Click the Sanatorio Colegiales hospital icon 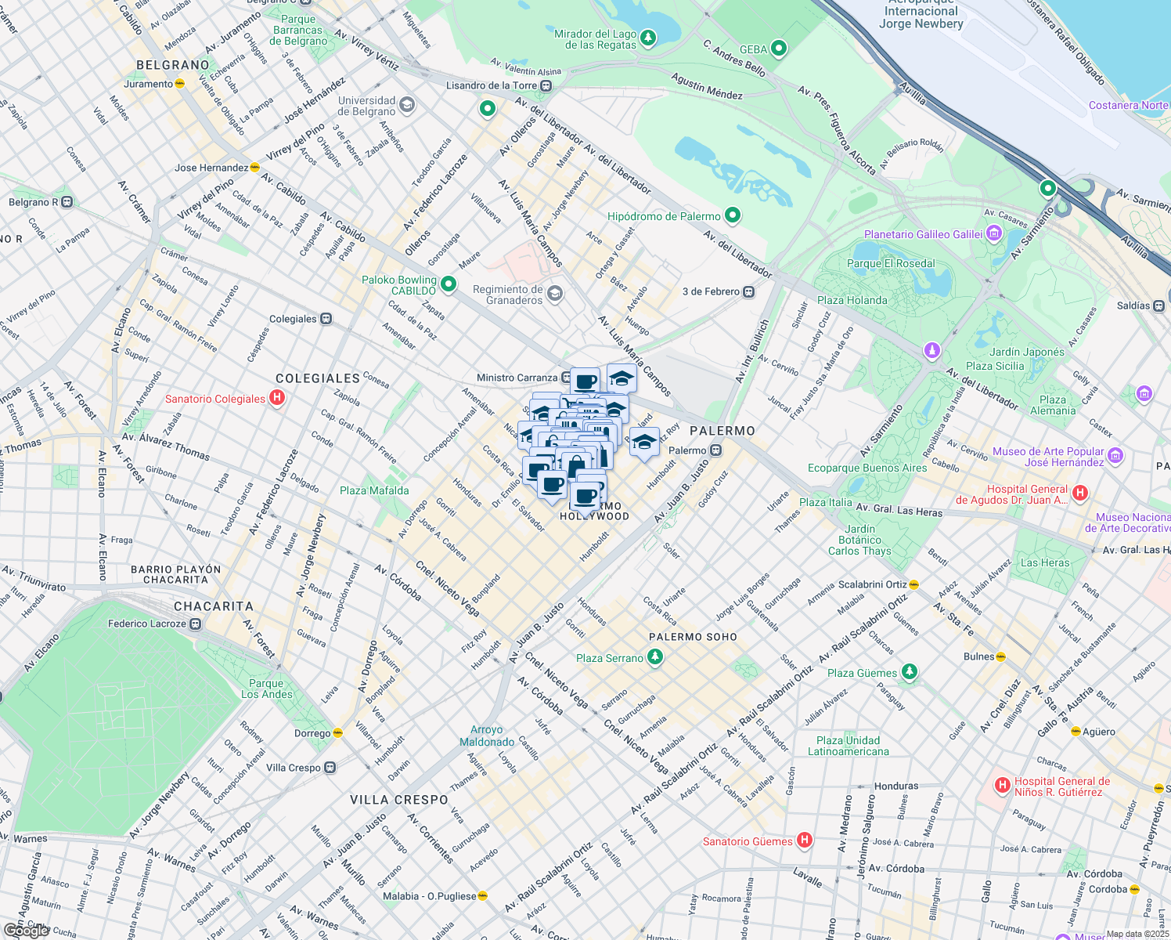[x=276, y=399]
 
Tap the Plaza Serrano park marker [x=655, y=658]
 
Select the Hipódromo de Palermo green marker [x=733, y=215]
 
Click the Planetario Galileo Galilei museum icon [x=994, y=233]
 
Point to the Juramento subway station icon [x=180, y=84]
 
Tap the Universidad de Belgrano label [x=366, y=106]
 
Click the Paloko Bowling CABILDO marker [x=449, y=284]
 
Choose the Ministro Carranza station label [x=517, y=378]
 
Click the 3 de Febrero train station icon [x=749, y=291]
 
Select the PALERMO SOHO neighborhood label [x=693, y=637]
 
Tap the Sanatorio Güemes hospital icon [x=804, y=841]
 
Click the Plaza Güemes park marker [x=909, y=672]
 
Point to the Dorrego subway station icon [x=338, y=733]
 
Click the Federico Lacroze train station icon [x=196, y=624]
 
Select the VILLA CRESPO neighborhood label [x=398, y=800]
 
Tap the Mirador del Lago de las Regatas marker [x=647, y=38]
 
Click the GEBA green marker [x=778, y=49]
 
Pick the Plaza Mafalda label [x=374, y=490]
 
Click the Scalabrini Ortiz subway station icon [x=914, y=584]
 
